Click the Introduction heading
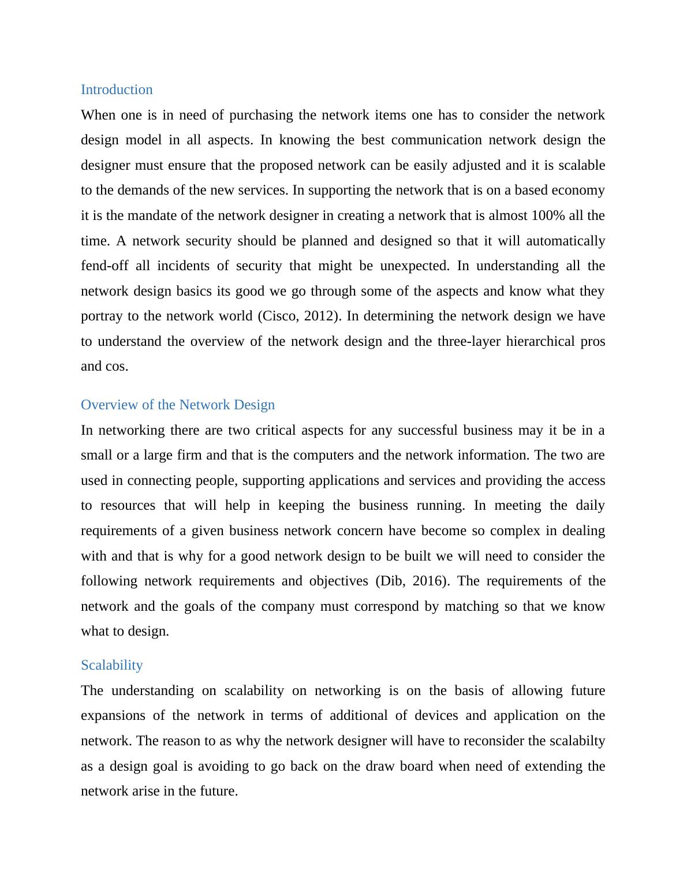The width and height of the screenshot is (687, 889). [x=117, y=89]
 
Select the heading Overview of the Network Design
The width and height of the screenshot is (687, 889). [x=178, y=405]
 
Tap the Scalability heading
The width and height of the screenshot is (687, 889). [x=112, y=665]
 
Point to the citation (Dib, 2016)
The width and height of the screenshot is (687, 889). [x=412, y=581]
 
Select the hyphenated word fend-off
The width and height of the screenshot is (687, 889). [x=104, y=266]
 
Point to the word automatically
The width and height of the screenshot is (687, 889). [x=565, y=241]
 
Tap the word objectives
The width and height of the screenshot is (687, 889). [x=338, y=581]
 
